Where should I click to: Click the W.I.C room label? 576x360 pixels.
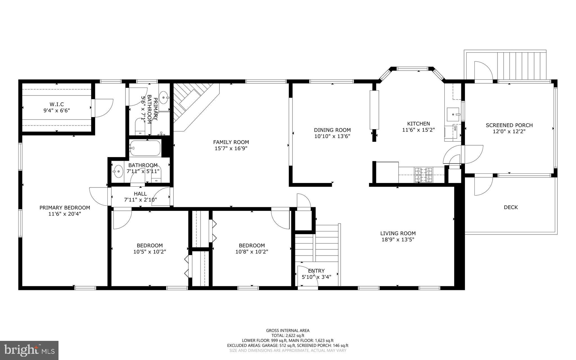coord(56,104)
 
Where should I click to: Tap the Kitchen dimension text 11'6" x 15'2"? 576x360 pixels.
coord(418,130)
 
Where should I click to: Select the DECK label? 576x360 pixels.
coord(511,207)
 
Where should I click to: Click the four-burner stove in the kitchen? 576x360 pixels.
coord(423,175)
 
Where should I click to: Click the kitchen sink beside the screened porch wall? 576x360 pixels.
coord(453,114)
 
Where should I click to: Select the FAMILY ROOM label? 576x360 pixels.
coord(231,142)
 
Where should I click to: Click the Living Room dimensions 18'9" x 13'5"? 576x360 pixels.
coord(398,240)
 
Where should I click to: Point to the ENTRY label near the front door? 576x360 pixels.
coord(316,271)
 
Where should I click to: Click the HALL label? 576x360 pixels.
coord(140,194)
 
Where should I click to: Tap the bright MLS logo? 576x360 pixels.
coord(29,350)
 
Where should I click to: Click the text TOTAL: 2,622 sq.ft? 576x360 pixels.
coord(288,336)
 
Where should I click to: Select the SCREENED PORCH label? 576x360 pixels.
coord(509,125)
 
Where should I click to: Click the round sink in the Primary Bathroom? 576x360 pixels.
coord(163,98)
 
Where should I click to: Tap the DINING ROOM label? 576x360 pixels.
coord(332,130)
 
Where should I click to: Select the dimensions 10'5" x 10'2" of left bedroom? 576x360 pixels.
coord(150,252)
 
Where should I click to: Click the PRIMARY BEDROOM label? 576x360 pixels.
coord(65,208)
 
